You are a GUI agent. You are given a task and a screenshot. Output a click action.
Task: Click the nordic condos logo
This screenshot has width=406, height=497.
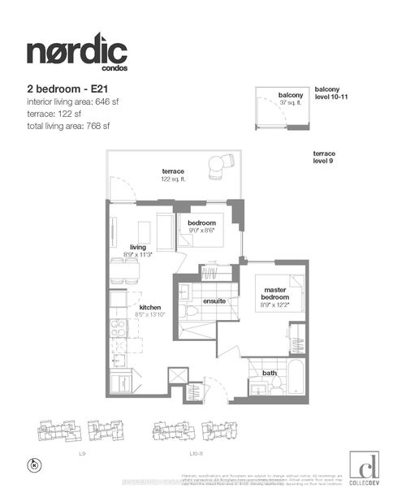[x=76, y=53]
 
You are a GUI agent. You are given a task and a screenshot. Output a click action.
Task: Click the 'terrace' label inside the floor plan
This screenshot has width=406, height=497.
[x=172, y=171]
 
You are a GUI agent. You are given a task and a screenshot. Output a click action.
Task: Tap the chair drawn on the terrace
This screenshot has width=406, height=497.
[x=217, y=166]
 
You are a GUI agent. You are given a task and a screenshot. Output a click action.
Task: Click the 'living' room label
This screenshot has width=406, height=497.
[x=137, y=248]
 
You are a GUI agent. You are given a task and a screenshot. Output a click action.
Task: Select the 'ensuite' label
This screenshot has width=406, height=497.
[x=214, y=301]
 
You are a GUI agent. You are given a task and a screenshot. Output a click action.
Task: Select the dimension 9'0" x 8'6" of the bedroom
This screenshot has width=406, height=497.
[x=201, y=231]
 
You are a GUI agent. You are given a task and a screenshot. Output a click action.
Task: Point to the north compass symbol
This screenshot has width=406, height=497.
[x=32, y=465]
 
